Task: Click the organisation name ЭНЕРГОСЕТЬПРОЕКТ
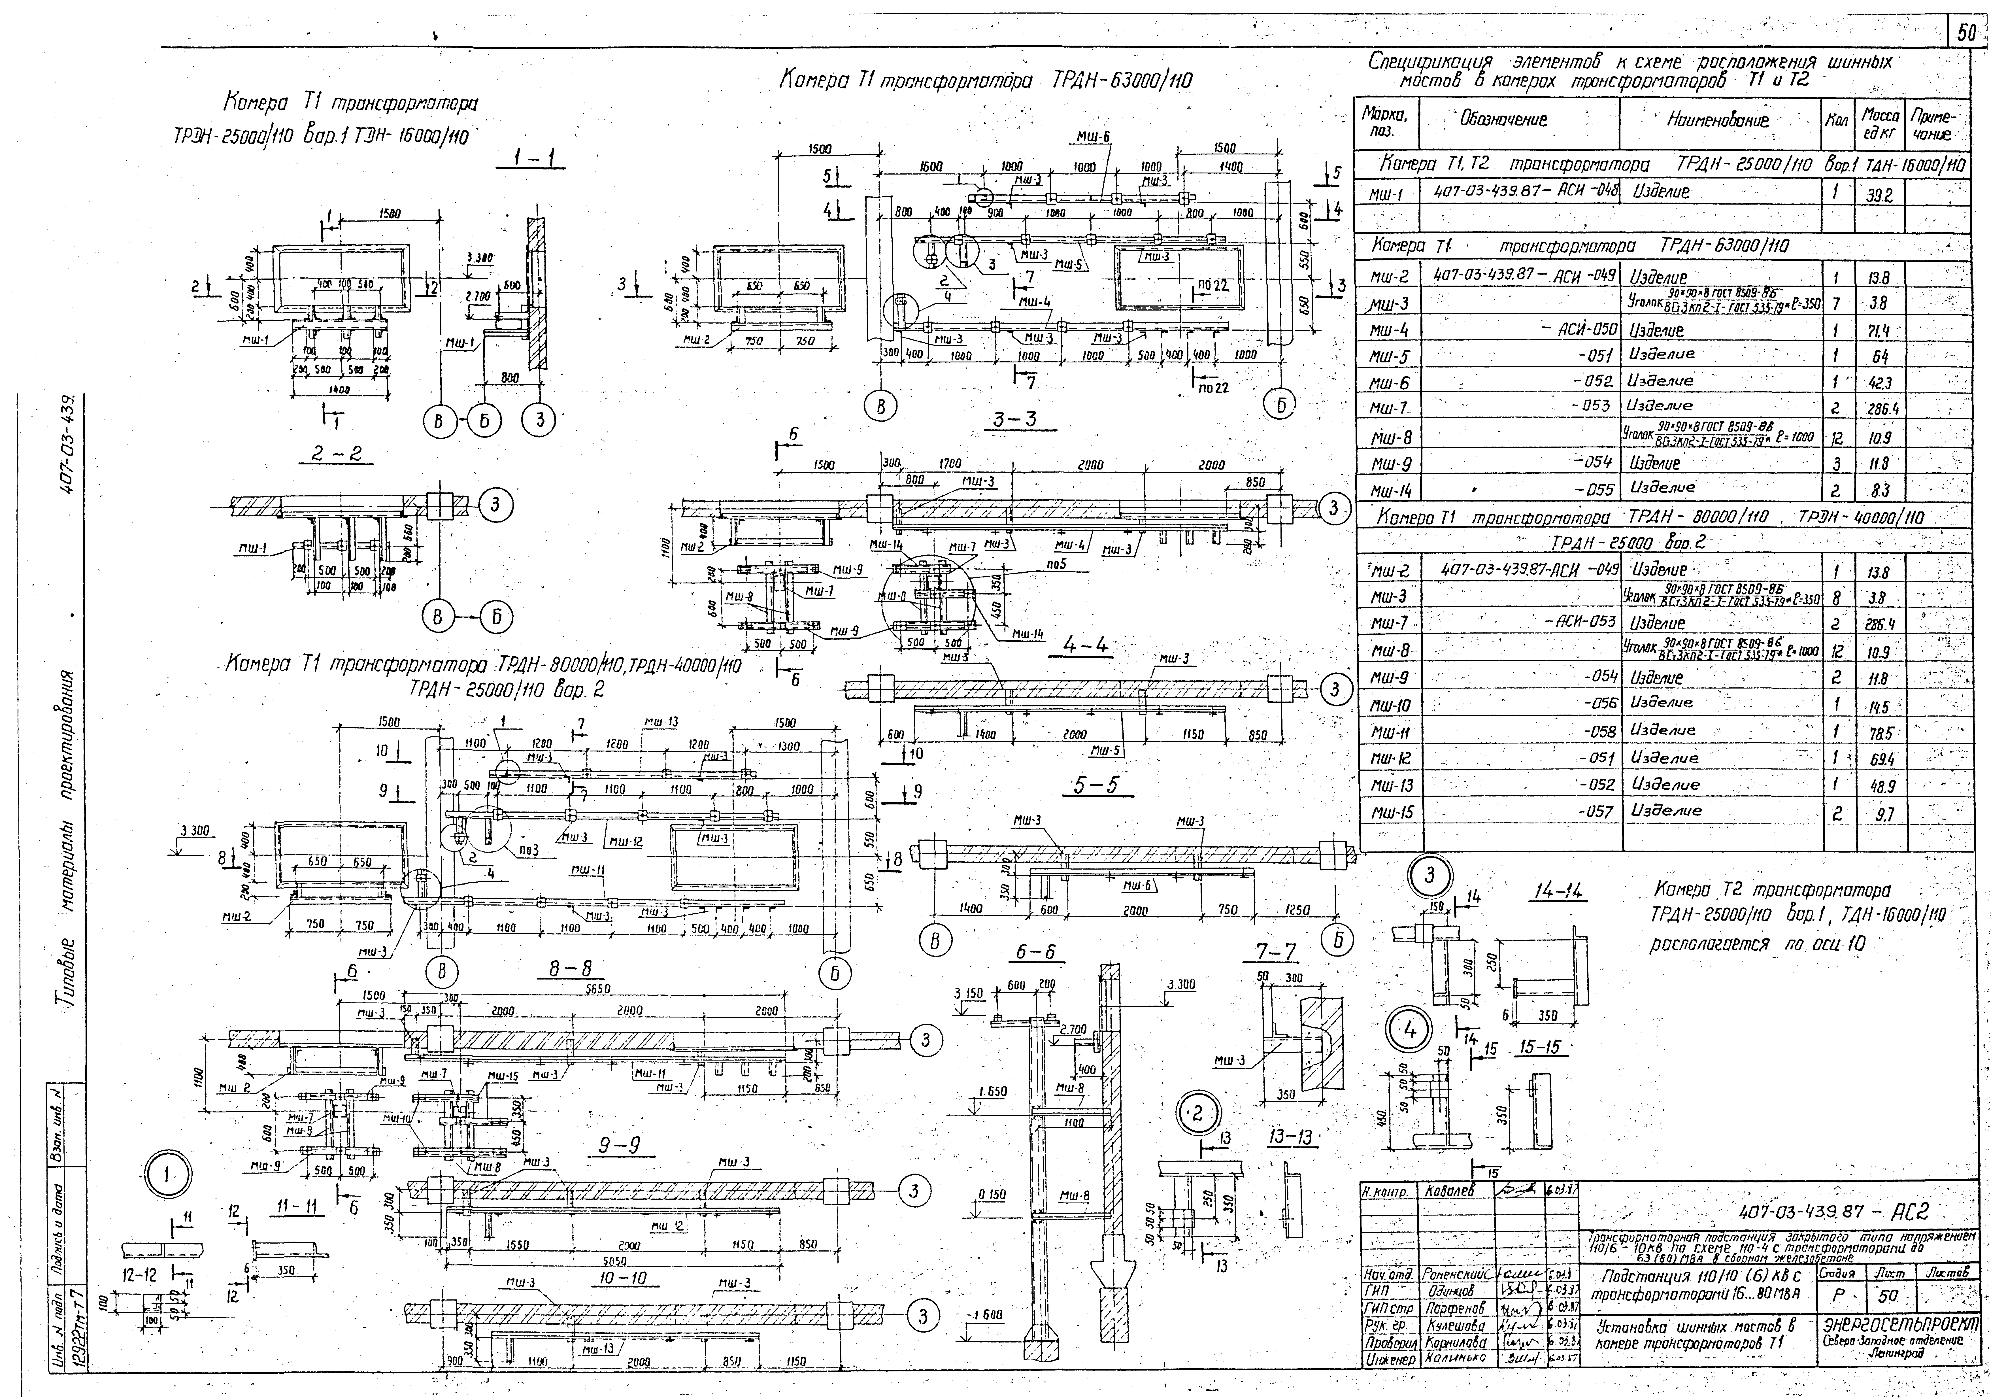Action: pos(1900,1322)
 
